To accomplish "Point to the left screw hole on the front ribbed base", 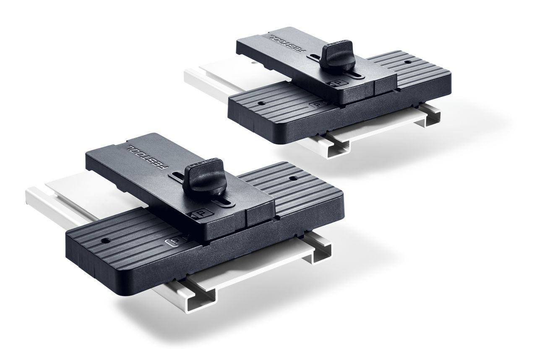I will [103, 241].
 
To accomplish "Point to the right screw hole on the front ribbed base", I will [292, 178].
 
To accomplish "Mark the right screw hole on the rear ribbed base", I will [407, 62].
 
